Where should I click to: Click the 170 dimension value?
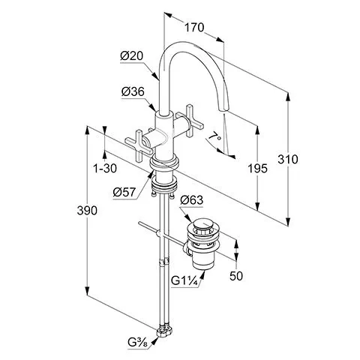194,27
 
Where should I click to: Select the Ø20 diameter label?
131,55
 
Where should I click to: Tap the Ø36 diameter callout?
133,91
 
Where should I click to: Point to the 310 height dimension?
288,159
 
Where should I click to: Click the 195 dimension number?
257,169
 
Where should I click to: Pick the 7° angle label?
215,136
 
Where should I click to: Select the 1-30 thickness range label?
105,169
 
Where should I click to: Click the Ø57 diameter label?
124,193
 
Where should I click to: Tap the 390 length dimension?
87,211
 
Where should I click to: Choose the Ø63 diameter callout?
192,200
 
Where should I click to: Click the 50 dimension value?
236,276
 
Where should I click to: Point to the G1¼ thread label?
184,281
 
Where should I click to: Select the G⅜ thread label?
138,342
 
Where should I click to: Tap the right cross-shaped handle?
190,121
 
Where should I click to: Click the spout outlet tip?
223,110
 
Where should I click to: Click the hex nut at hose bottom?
163,331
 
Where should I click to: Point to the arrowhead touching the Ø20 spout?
156,76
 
